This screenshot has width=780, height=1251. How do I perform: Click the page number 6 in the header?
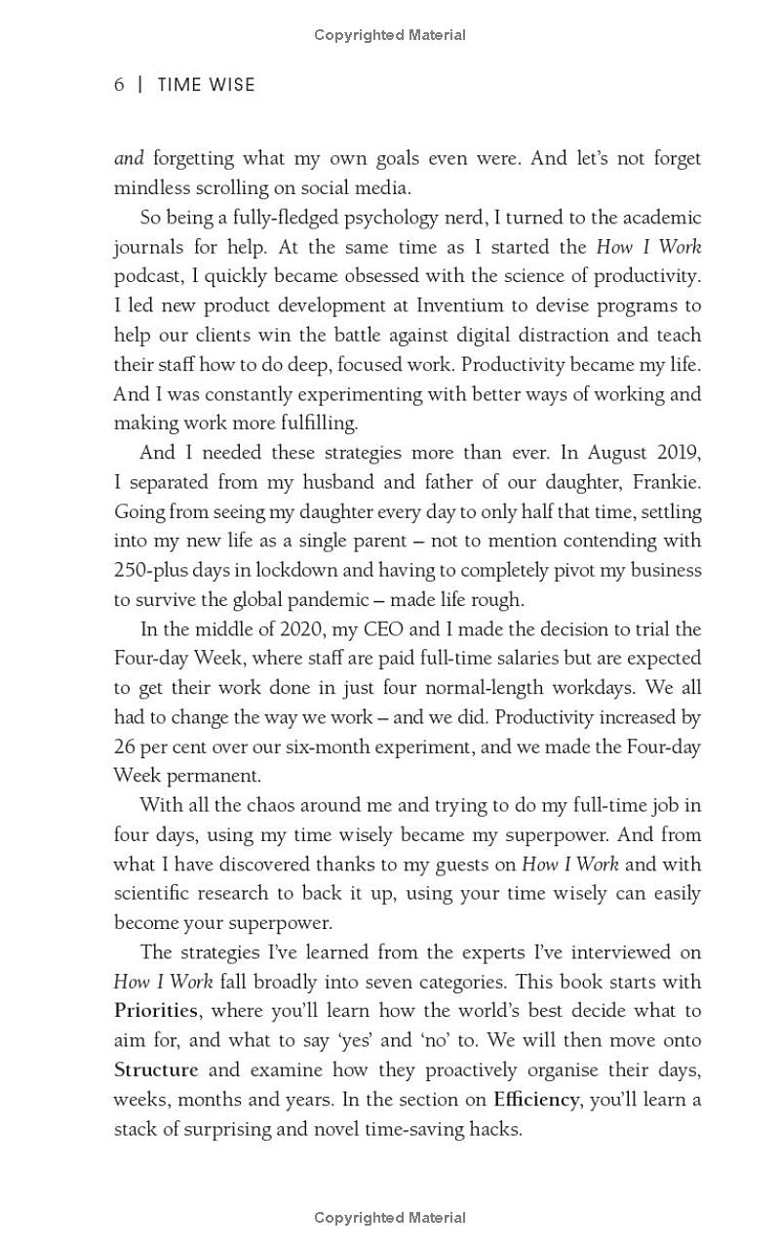coord(119,85)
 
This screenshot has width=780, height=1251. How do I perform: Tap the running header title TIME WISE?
coord(206,85)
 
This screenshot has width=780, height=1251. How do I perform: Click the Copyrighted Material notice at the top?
coord(390,35)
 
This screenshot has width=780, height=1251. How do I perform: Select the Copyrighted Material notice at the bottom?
coord(390,1217)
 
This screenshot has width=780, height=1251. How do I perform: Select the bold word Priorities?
coord(156,1011)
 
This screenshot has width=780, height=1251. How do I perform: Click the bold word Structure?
coord(156,1069)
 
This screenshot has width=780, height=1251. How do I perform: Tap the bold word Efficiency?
coord(536,1100)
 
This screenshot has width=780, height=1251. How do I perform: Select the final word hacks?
coord(497,1129)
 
